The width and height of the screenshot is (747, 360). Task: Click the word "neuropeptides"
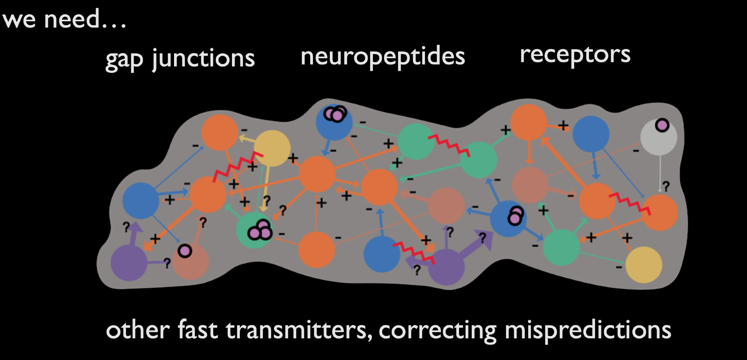pyautogui.click(x=382, y=57)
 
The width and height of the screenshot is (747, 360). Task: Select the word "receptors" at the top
pyautogui.click(x=575, y=55)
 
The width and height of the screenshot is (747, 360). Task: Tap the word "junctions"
pyautogui.click(x=204, y=59)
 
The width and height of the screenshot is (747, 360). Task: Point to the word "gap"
pyautogui.click(x=124, y=60)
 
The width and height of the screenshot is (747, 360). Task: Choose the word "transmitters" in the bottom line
pyautogui.click(x=299, y=330)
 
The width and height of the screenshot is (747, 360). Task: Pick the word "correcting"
pyautogui.click(x=437, y=330)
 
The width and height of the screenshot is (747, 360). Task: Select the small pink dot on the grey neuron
pyautogui.click(x=662, y=125)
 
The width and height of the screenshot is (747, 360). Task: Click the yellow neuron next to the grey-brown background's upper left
pyautogui.click(x=272, y=148)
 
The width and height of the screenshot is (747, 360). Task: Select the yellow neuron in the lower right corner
pyautogui.click(x=643, y=264)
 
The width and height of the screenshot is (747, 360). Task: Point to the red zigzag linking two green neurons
pyautogui.click(x=449, y=145)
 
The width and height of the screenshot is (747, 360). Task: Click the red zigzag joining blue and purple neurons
pyautogui.click(x=414, y=252)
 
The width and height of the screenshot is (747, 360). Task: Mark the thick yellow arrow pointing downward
pyautogui.click(x=266, y=187)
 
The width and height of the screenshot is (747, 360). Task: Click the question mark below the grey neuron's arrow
pyautogui.click(x=666, y=186)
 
